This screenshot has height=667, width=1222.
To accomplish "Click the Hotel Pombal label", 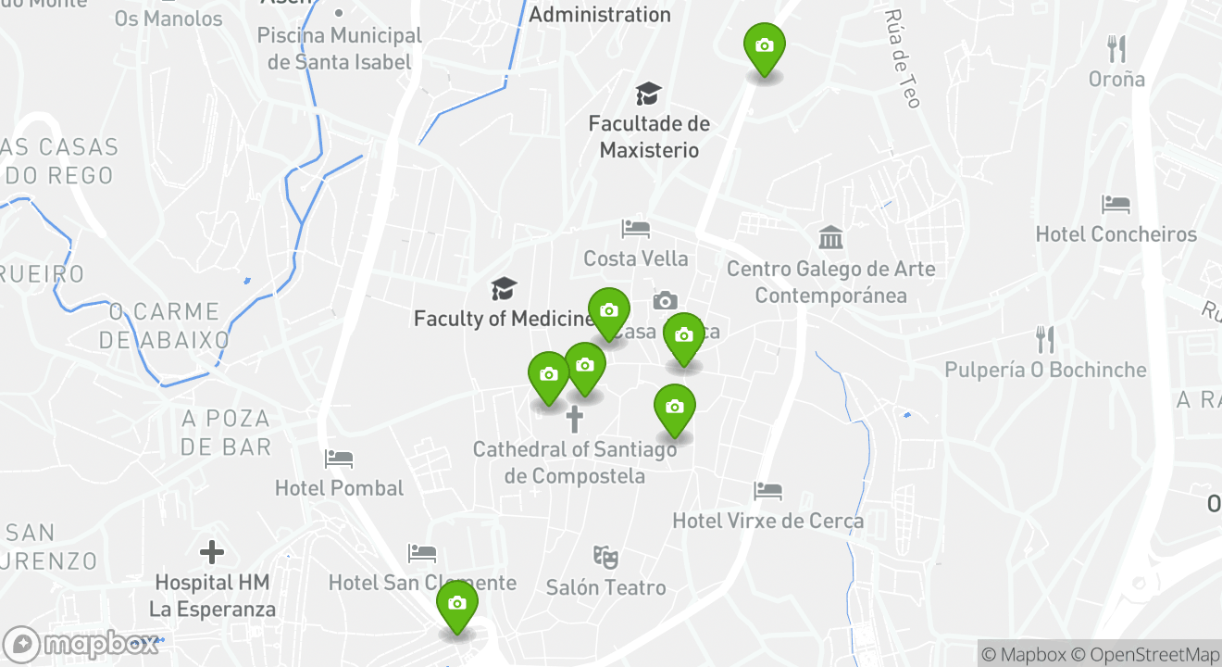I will (x=339, y=488).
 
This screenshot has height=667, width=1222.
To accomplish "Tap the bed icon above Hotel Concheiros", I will (x=1116, y=204).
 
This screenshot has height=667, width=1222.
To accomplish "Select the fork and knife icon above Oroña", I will (x=1117, y=49).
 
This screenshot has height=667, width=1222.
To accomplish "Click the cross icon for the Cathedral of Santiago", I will (x=575, y=419).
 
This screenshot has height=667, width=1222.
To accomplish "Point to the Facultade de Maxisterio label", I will (x=649, y=136).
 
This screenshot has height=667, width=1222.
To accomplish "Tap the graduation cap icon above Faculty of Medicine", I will (x=504, y=288).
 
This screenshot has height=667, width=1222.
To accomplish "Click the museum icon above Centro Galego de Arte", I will (x=831, y=238).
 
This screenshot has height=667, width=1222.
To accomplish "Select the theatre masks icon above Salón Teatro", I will (x=605, y=557).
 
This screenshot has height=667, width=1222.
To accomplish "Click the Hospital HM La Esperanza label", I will (x=213, y=596).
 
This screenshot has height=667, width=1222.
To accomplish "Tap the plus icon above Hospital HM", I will (x=212, y=553).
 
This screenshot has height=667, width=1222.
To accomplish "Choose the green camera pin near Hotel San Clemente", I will (x=456, y=604).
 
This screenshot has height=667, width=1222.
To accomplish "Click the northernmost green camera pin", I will (x=764, y=46).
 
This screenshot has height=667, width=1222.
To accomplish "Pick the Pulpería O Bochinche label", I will (x=1045, y=370).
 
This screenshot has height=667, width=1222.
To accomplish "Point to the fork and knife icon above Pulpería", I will (x=1045, y=339).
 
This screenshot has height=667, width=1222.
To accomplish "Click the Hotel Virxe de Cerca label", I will (x=767, y=521).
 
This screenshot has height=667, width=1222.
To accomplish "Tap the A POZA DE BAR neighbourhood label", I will (x=226, y=433).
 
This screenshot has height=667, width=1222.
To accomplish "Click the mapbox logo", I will (x=81, y=644).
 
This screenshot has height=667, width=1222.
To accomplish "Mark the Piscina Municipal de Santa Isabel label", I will (x=339, y=49).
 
